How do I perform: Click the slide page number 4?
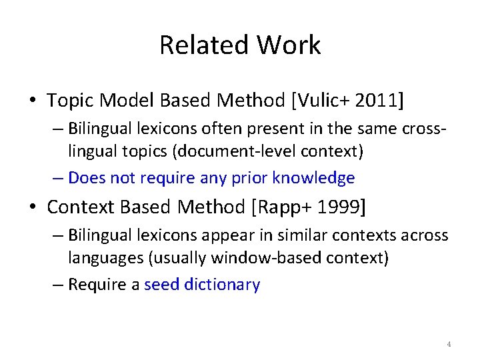(x=449, y=344)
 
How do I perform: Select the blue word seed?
(x=161, y=285)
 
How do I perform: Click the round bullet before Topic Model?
(x=33, y=101)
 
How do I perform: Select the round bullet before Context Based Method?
(x=33, y=208)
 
